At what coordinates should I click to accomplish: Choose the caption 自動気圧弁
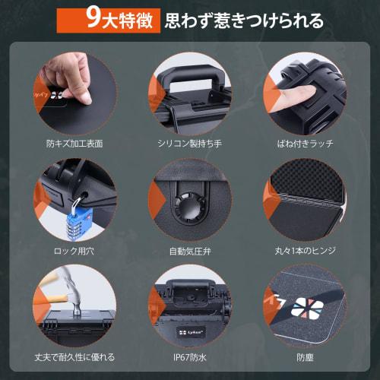click(188, 250)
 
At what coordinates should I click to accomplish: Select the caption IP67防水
click(188, 356)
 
